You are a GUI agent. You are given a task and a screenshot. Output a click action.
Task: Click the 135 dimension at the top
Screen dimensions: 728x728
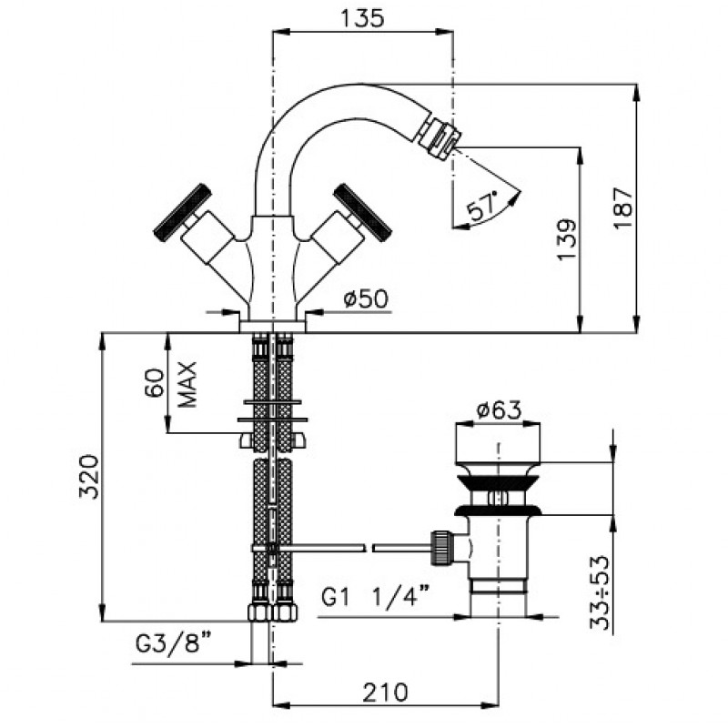coord(362,18)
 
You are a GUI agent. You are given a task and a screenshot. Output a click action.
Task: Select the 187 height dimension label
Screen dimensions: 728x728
coord(623,207)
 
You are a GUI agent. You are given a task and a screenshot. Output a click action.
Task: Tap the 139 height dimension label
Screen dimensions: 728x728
coord(567,239)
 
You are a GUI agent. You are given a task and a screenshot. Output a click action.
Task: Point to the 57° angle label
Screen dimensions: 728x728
coord(482,206)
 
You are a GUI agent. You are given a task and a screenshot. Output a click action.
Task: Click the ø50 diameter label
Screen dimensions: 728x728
coord(366,299)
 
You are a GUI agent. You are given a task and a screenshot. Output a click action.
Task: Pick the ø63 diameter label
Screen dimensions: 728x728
coord(499,410)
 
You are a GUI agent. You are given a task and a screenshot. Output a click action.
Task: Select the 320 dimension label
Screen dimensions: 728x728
coord(89,477)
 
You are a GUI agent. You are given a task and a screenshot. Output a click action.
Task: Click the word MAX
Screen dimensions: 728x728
coord(187,384)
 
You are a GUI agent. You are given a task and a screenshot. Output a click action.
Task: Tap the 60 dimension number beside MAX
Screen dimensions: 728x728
coord(155,382)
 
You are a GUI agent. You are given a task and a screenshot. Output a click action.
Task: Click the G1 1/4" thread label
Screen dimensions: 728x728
coord(375,596)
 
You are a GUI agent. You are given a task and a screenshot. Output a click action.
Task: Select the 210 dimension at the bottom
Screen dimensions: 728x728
coord(385,693)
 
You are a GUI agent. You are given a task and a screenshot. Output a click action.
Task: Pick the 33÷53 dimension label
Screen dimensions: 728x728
coord(600,592)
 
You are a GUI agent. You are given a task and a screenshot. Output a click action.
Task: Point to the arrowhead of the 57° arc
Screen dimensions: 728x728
coord(514,197)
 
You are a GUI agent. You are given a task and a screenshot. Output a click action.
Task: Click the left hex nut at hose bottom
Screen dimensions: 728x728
coord(259,612)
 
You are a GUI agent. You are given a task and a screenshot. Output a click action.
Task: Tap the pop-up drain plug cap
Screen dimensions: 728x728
coord(498,443)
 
